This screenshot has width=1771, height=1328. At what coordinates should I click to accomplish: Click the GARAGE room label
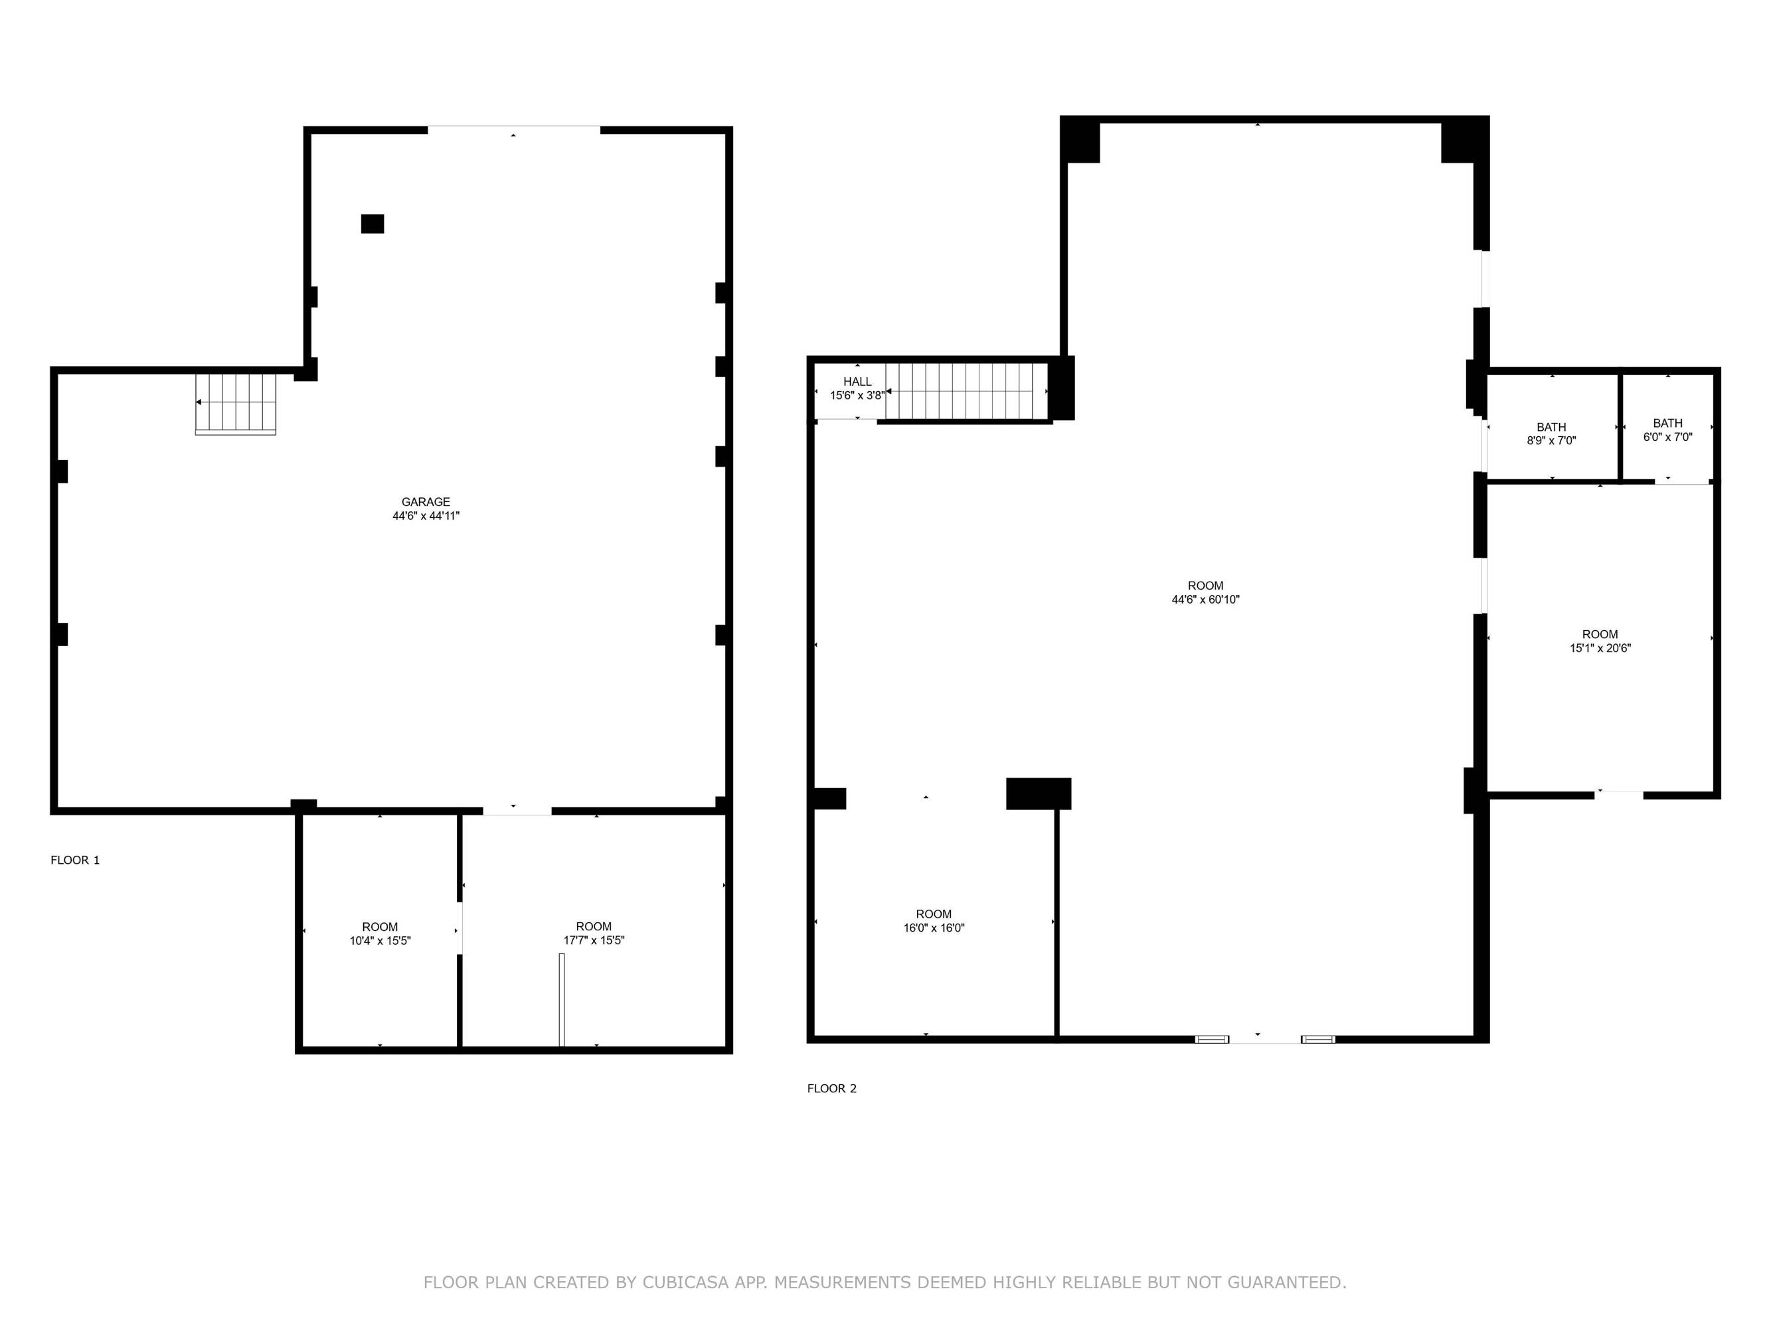(x=426, y=502)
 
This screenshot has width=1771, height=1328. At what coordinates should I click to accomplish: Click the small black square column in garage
(x=373, y=224)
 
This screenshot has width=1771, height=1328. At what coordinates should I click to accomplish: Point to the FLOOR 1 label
(x=75, y=860)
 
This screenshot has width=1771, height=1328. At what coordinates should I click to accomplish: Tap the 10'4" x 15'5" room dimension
(x=380, y=941)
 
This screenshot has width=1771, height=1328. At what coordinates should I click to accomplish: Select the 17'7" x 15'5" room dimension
(x=594, y=941)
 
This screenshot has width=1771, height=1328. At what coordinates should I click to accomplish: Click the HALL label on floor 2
(x=857, y=382)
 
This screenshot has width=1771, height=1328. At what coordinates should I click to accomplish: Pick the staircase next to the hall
(x=966, y=392)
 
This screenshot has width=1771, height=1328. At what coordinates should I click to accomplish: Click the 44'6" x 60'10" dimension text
(x=1206, y=600)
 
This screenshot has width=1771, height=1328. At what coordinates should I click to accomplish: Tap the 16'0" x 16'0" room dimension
(x=934, y=928)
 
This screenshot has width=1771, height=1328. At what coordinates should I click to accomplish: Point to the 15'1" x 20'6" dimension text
(x=1600, y=648)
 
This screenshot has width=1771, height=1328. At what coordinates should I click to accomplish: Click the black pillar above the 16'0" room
(x=1039, y=793)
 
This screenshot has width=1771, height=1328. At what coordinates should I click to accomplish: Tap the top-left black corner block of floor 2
(x=1080, y=139)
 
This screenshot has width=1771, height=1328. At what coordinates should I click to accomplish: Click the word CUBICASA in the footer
(x=685, y=1282)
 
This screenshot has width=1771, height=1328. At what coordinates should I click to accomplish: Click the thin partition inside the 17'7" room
(x=561, y=999)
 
